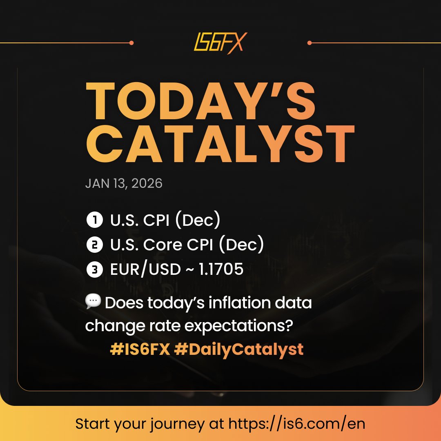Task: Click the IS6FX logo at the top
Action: coord(220,42)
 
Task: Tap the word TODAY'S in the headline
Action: coord(200,100)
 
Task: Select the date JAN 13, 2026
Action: coord(124,183)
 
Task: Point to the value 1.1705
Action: coord(220,269)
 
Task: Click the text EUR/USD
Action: coord(145,269)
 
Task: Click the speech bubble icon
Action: coord(93,302)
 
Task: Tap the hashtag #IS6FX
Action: coord(140,350)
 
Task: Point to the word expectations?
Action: coord(245,327)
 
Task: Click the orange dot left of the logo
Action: coord(131,42)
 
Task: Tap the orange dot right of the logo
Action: coord(310,42)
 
